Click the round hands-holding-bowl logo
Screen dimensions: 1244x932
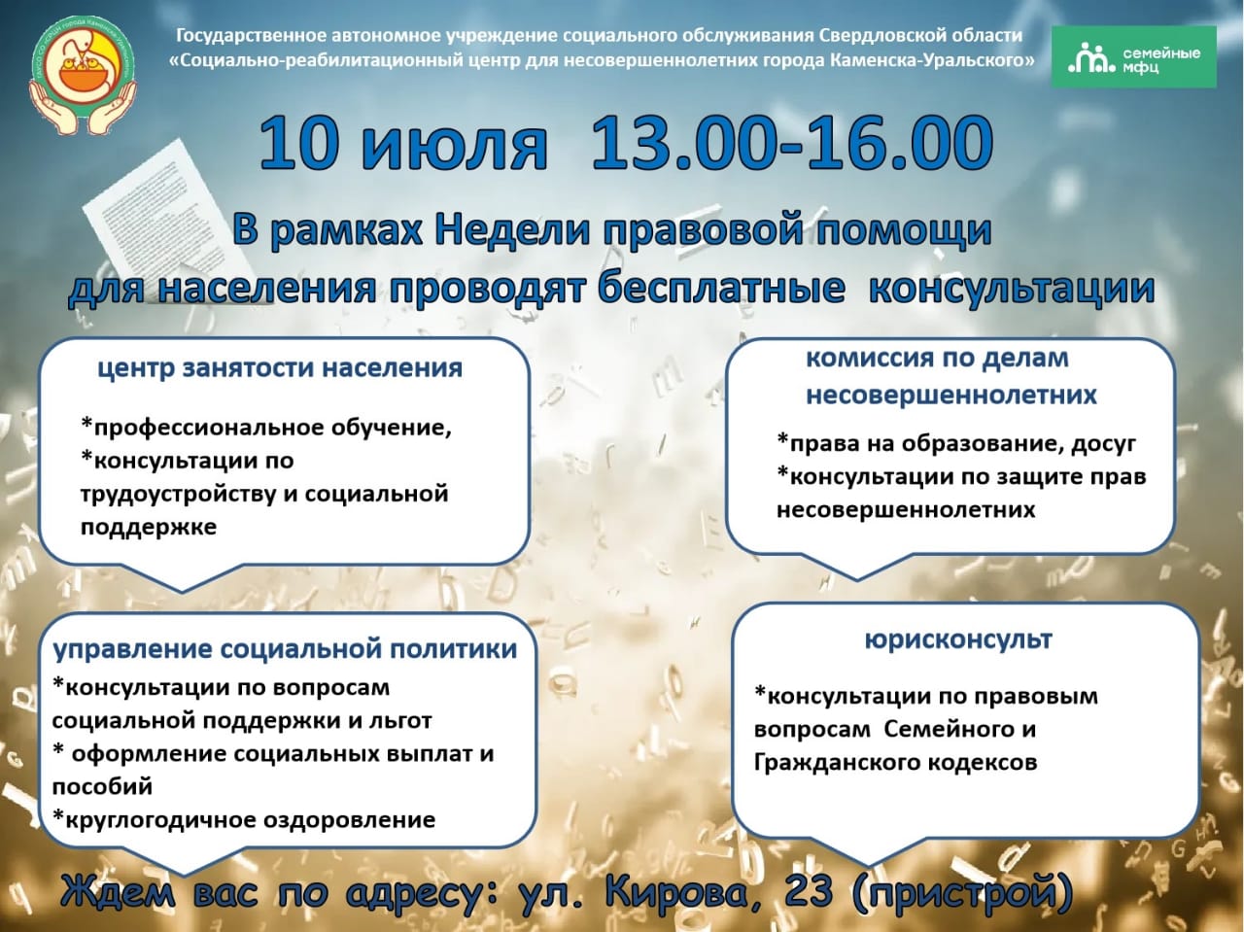click(x=83, y=75)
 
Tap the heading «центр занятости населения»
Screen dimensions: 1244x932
click(x=280, y=369)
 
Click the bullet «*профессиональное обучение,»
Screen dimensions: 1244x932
click(x=266, y=429)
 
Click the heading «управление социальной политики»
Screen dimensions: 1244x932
click(x=285, y=650)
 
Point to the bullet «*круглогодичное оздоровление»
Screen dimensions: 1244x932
click(x=244, y=820)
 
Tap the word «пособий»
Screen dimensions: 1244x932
click(x=103, y=786)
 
